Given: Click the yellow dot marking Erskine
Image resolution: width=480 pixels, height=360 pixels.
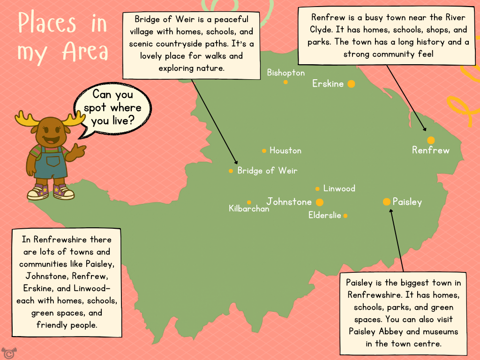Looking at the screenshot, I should pos(351,84).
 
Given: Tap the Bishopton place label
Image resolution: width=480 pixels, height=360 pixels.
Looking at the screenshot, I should pos(285,73).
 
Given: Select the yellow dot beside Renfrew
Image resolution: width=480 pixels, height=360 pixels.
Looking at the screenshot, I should pos(431,140).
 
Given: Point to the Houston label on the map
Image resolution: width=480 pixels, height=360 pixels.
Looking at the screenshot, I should pos(285,150).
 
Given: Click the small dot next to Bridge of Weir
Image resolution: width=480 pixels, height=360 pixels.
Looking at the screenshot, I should pos(231,171).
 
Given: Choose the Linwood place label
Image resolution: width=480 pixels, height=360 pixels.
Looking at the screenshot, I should pos(339,188).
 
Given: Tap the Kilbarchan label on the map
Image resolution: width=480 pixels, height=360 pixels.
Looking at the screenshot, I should pos(249,209).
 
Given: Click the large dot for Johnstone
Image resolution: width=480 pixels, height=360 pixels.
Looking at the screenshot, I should pos(320,202).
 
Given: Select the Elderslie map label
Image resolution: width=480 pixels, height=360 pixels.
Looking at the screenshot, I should pos(324,216).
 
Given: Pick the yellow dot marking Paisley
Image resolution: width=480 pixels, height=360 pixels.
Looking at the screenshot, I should pos(387,202).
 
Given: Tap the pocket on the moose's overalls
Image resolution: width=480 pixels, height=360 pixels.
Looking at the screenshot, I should pos(53,161).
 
